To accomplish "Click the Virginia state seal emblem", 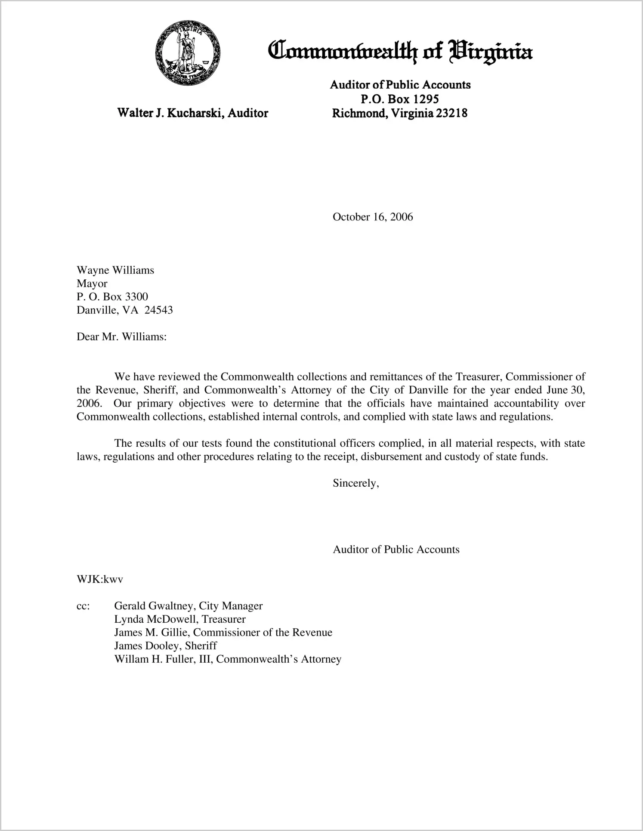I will [188, 53].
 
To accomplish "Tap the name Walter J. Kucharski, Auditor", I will [192, 113].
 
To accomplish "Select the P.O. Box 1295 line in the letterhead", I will [399, 99].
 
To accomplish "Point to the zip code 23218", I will [451, 113].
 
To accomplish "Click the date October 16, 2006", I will [372, 217].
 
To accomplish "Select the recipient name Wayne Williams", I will [115, 270].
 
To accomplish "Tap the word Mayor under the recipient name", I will [92, 284].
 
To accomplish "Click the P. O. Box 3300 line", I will [112, 297].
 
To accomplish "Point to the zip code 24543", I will [158, 310].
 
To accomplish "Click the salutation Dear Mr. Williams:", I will [121, 337].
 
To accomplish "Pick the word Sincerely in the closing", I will [355, 483].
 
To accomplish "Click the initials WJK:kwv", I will [100, 579].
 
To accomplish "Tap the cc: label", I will [83, 606].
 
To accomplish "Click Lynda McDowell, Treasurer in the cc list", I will [179, 619].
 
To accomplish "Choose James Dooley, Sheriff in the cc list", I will [165, 646].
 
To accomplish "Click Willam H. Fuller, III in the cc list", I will [163, 659].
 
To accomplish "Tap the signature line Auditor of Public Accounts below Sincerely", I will [396, 550].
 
